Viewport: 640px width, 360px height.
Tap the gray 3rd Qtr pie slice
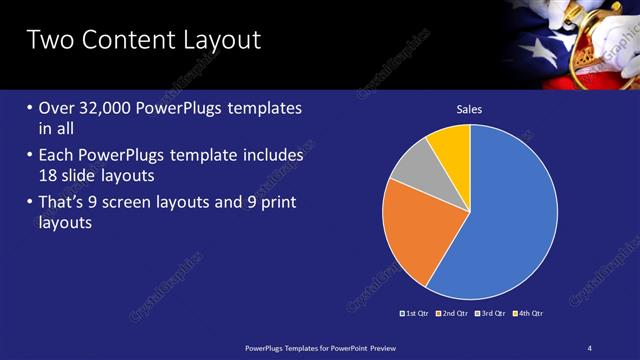point(411,164)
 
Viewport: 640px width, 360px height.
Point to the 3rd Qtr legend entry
point(491,313)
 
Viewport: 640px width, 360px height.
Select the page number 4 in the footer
point(590,348)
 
